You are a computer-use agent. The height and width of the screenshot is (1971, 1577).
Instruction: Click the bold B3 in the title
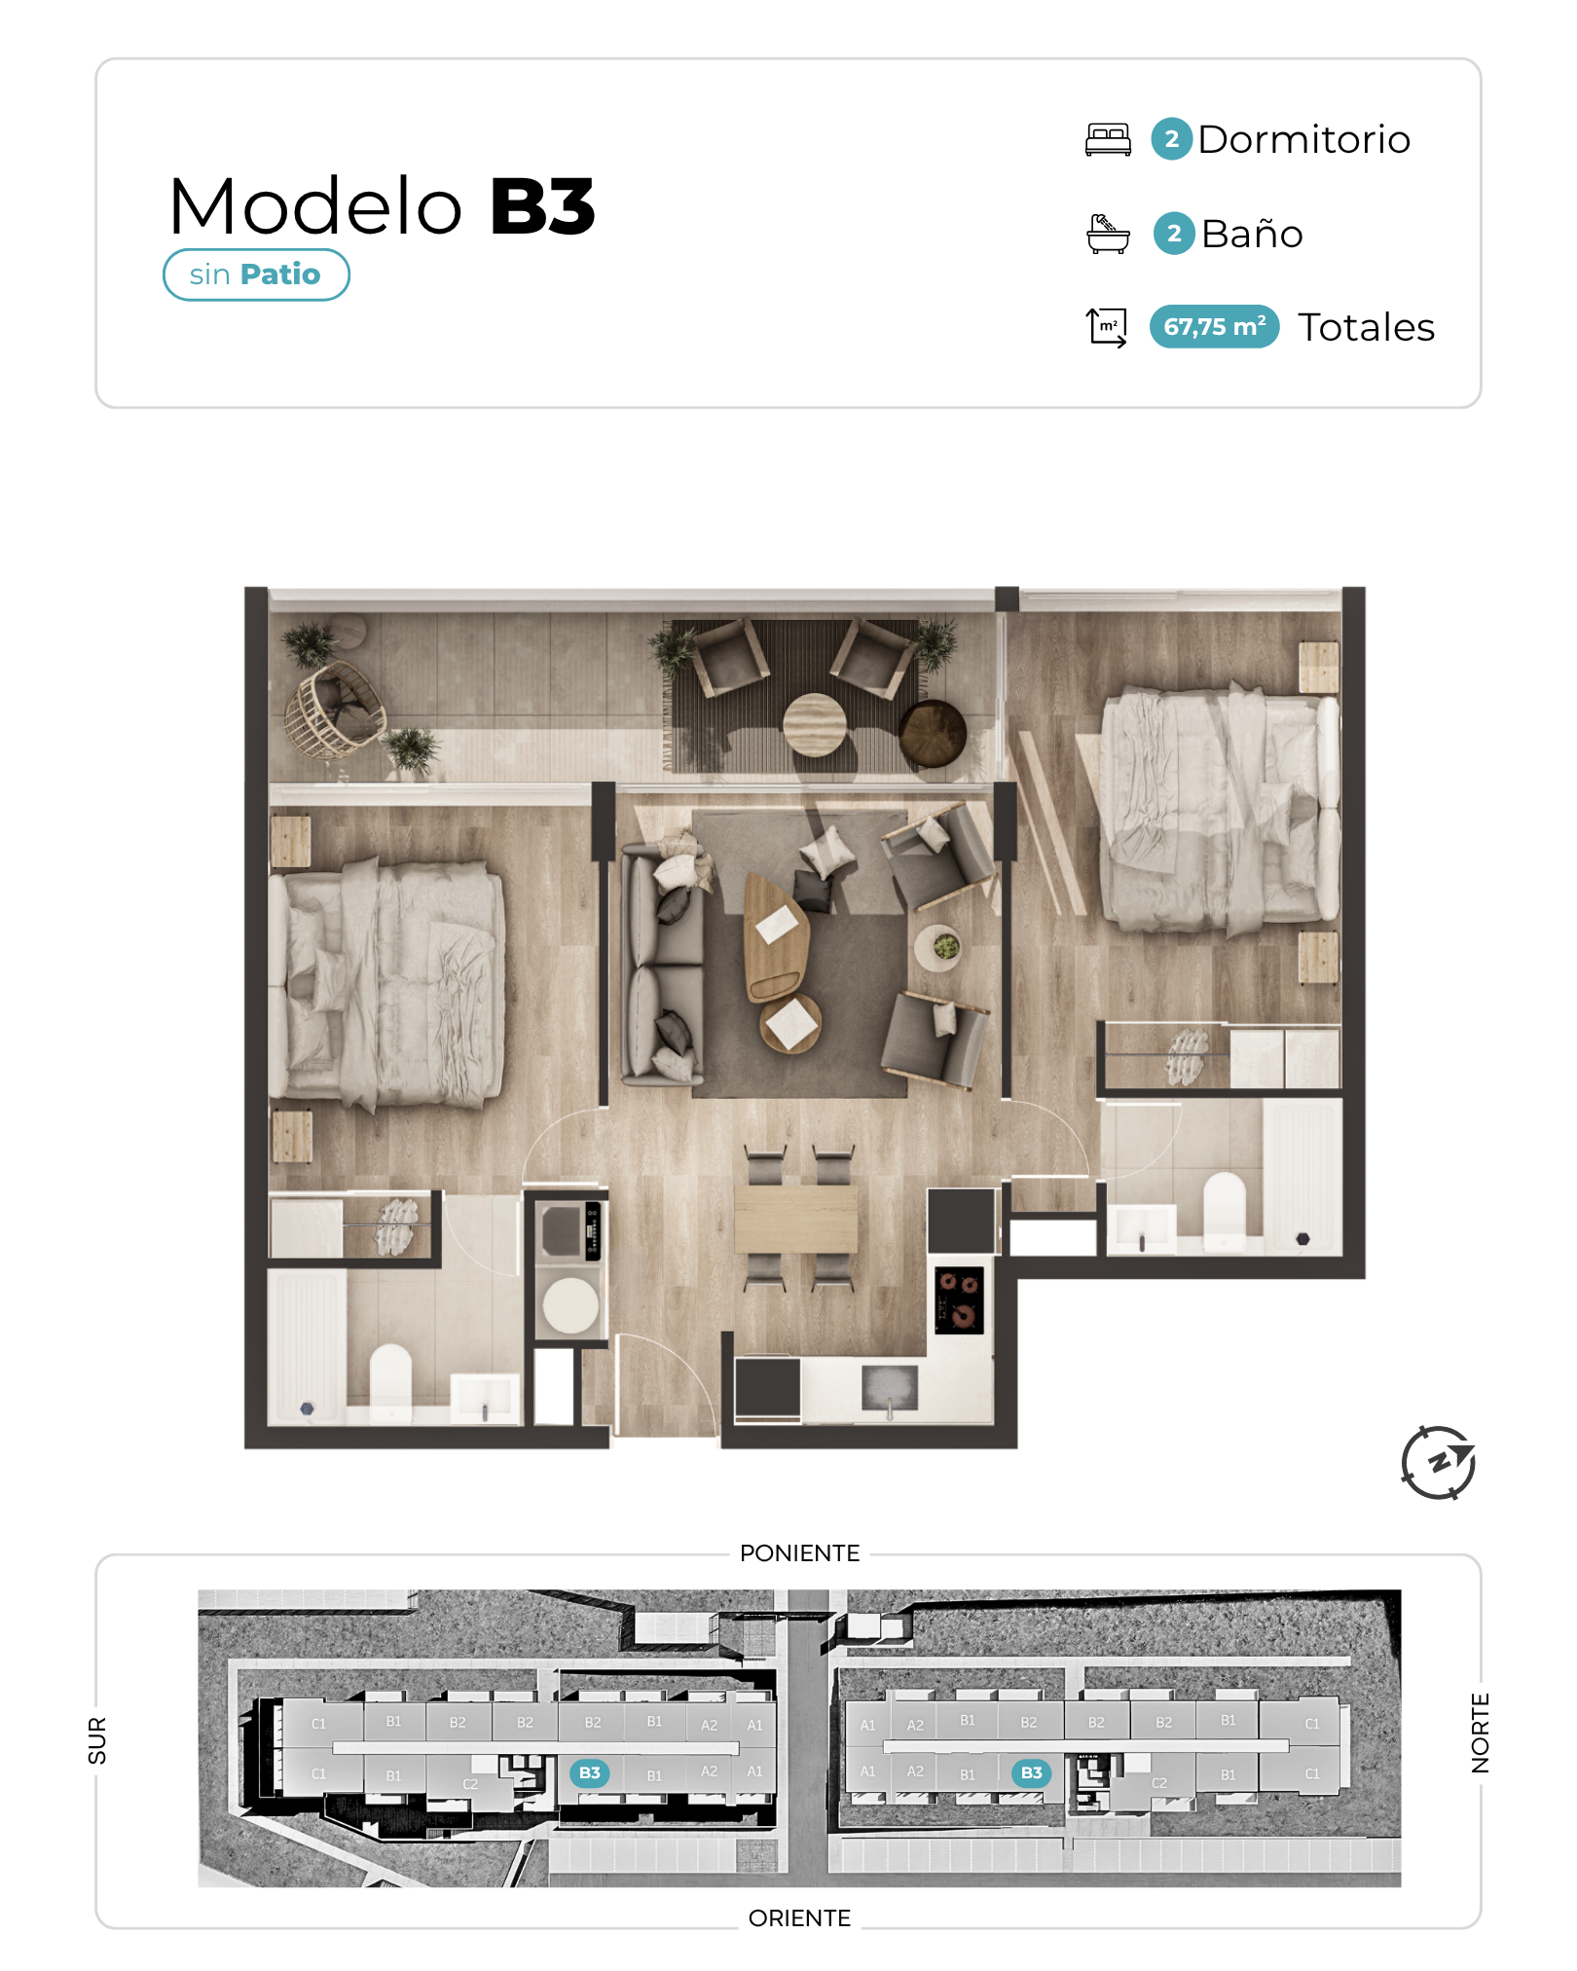(542, 206)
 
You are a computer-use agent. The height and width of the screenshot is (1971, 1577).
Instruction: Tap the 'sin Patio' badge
(256, 274)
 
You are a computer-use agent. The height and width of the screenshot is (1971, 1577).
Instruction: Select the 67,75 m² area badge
(1214, 326)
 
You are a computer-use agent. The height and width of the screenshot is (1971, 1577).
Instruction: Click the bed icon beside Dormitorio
(1108, 139)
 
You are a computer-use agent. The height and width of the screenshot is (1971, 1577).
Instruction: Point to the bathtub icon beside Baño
(1108, 234)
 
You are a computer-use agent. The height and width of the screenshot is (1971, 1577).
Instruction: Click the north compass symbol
(1438, 1462)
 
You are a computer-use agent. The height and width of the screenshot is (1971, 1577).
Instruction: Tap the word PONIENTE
(799, 1552)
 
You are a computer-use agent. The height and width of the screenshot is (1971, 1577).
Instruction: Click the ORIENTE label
(799, 1917)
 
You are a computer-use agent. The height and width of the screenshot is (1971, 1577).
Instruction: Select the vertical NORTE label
(1480, 1733)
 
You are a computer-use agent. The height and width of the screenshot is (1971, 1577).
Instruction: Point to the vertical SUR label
(97, 1740)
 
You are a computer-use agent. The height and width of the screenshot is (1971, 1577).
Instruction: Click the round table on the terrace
(815, 724)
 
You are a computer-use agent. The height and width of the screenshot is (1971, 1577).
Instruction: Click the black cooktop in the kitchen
(959, 1299)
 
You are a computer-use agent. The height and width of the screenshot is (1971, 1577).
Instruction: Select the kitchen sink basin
(890, 1387)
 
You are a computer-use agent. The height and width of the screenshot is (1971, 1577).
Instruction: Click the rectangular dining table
(796, 1219)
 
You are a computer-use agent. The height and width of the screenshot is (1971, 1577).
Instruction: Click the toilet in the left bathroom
(391, 1379)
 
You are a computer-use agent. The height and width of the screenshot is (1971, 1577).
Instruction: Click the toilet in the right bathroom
(1225, 1208)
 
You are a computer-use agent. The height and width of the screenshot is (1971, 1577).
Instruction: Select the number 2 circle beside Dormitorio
(1172, 139)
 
